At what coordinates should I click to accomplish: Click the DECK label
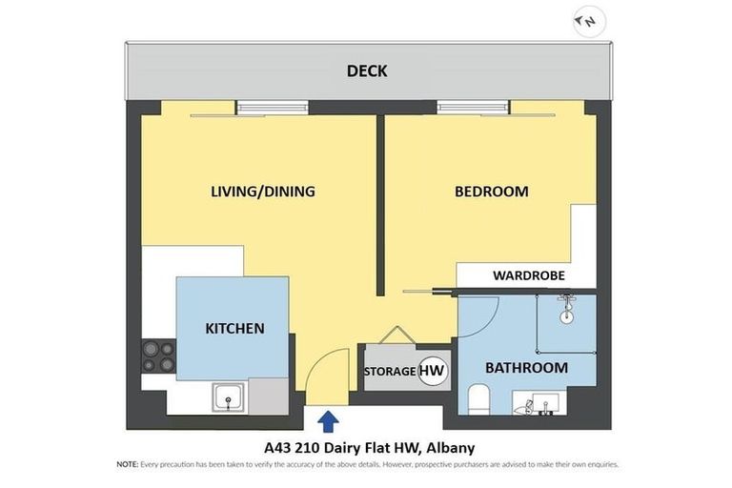coord(367,71)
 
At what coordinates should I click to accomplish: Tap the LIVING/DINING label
coord(262,192)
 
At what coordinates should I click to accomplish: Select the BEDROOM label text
coord(491,192)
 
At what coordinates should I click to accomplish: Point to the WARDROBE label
coord(528,275)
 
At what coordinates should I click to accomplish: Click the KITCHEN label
coord(234,329)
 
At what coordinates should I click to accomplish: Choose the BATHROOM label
coord(526,367)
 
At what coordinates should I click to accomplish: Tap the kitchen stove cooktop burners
coord(158,356)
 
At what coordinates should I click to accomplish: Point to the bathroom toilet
coord(479,398)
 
